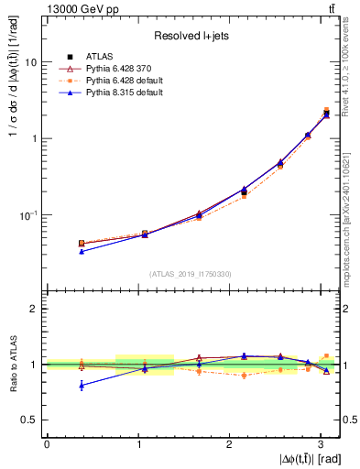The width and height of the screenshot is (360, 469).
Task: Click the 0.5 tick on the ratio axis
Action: pyautogui.click(x=28, y=420)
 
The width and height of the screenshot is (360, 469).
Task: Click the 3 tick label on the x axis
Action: pyautogui.click(x=322, y=443)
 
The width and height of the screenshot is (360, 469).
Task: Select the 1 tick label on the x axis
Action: pyautogui.click(x=138, y=443)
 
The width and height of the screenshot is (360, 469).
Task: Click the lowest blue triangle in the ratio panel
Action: pyautogui.click(x=82, y=386)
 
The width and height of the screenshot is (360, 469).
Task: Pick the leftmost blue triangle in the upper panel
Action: pyautogui.click(x=82, y=251)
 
